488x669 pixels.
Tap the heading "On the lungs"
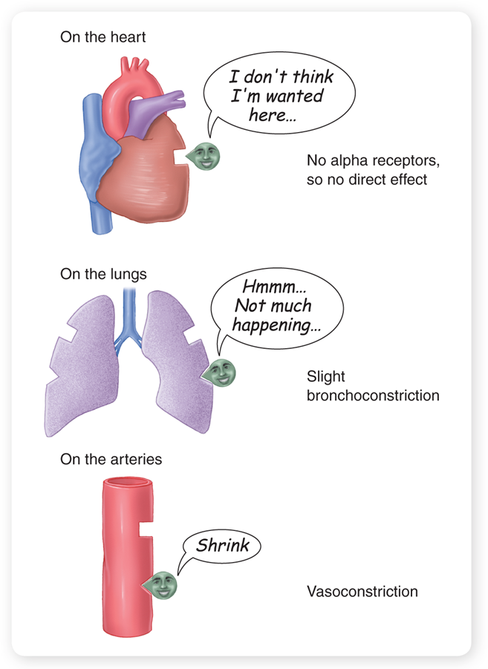[103, 275]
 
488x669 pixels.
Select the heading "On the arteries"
[111, 460]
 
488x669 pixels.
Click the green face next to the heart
[202, 155]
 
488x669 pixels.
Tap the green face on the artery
[163, 585]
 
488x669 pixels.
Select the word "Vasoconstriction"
[362, 592]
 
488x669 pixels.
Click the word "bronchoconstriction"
[373, 395]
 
